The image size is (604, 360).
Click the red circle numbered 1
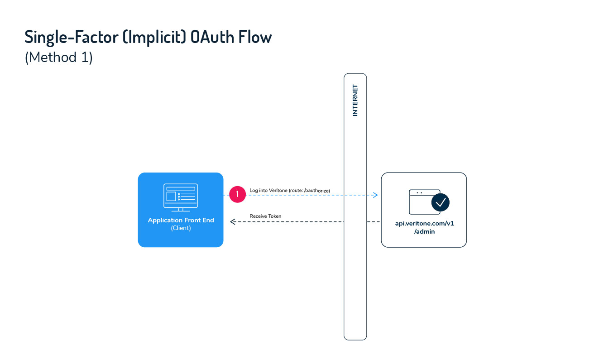tap(237, 194)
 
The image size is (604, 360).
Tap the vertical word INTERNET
tap(355, 101)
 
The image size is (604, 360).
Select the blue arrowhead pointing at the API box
tap(375, 195)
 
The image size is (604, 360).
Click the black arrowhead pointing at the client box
tap(233, 222)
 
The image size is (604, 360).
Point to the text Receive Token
tap(265, 216)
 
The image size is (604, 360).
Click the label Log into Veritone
tap(268, 190)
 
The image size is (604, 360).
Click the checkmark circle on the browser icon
tap(440, 202)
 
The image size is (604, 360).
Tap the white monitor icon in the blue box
tap(181, 196)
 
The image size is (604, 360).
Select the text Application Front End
tap(181, 221)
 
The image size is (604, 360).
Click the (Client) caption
tap(181, 228)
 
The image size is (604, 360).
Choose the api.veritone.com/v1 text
tap(424, 224)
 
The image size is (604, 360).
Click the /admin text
tap(424, 231)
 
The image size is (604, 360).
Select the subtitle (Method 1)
tap(59, 58)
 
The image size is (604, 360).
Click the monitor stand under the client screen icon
tap(181, 209)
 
